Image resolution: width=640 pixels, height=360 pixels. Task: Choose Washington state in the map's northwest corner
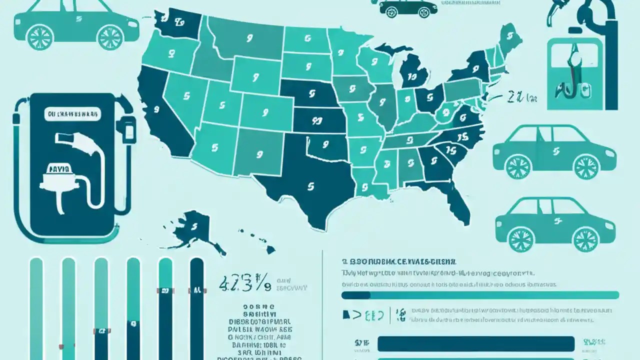[175, 22]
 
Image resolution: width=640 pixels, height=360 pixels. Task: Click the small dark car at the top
[407, 7]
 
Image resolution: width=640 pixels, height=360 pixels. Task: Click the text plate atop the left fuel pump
[73, 114]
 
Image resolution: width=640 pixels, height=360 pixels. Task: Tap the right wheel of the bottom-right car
[585, 239]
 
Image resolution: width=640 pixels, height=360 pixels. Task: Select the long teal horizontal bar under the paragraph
[480, 295]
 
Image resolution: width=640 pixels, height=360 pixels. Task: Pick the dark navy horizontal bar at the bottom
[475, 343]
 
